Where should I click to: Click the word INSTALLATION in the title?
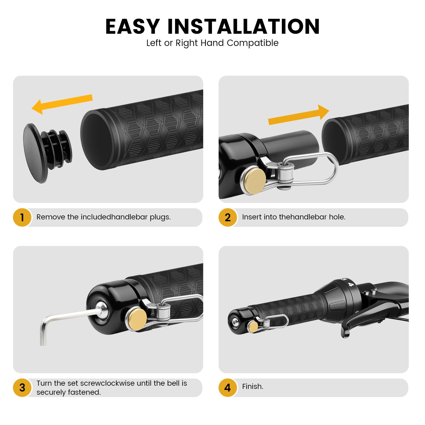pyautogui.click(x=244, y=27)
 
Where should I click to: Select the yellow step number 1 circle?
pyautogui.click(x=22, y=218)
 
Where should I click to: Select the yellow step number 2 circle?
pyautogui.click(x=228, y=218)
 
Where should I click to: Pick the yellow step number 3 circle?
pyautogui.click(x=22, y=388)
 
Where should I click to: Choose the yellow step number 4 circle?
pyautogui.click(x=228, y=388)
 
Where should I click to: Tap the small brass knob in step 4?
pyautogui.click(x=253, y=326)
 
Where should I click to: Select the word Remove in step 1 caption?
pyautogui.click(x=51, y=217)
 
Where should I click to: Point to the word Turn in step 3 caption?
pyautogui.click(x=44, y=383)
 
